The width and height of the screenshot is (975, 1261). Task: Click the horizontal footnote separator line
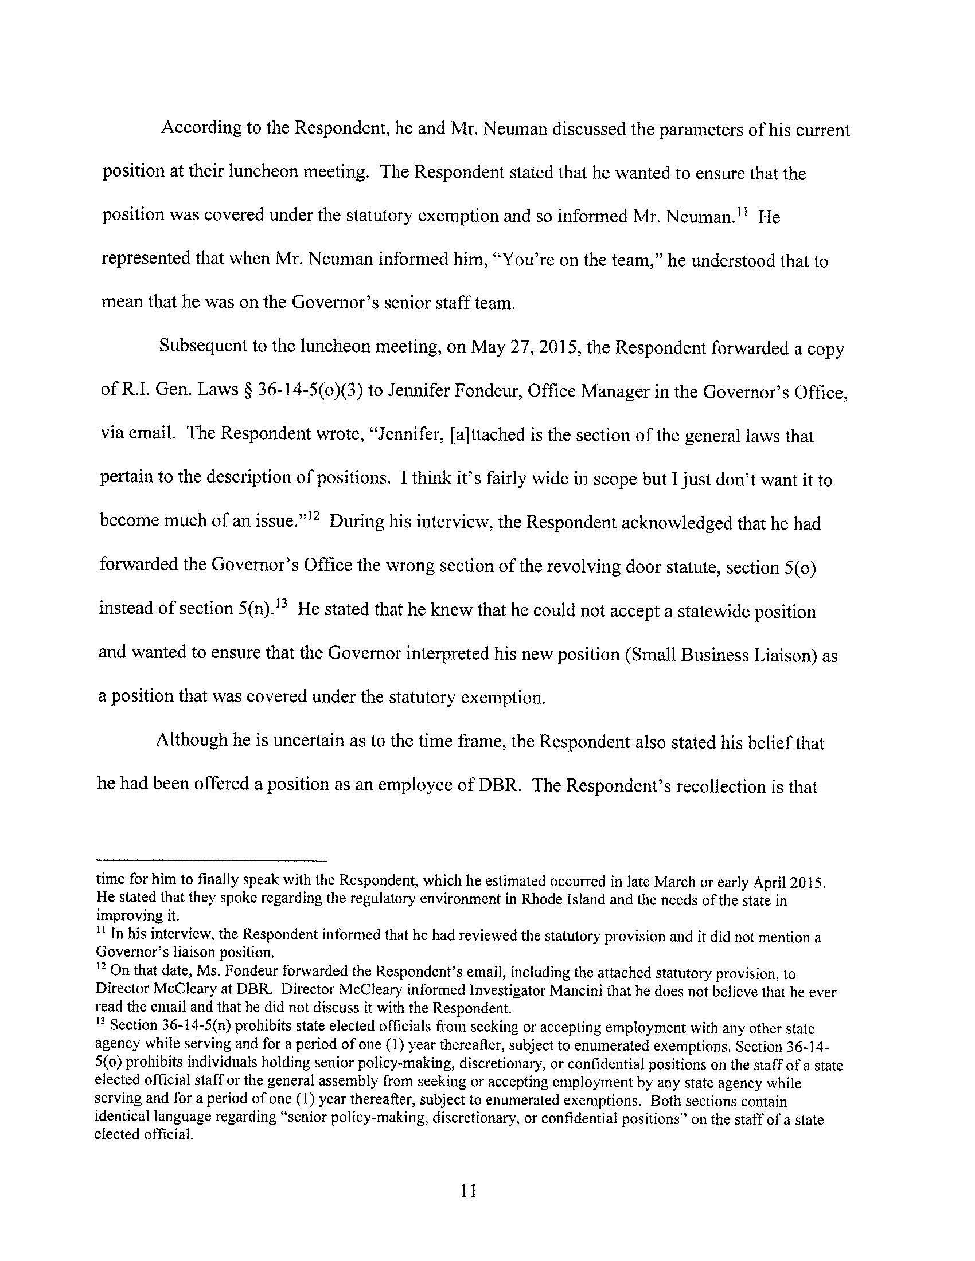(211, 860)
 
